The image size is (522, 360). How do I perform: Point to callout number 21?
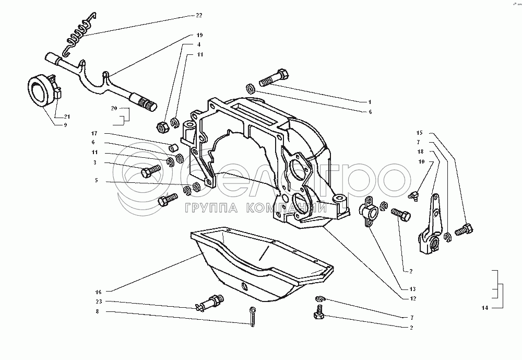(x=66, y=116)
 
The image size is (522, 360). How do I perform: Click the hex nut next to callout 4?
(x=163, y=126)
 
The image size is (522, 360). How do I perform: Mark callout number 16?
(x=98, y=291)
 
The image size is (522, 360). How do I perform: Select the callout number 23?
(x=98, y=301)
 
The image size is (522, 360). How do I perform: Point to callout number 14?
(x=484, y=308)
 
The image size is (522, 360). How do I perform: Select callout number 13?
(x=412, y=289)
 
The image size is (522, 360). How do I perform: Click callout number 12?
(x=412, y=298)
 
